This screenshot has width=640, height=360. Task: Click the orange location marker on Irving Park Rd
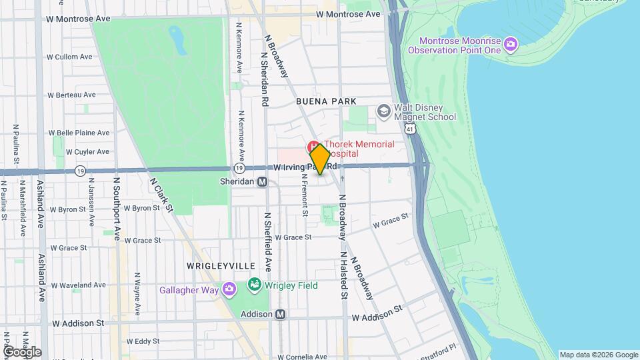(319, 159)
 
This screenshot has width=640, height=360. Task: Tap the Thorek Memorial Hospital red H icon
(312, 145)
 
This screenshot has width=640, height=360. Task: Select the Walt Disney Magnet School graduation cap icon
(383, 110)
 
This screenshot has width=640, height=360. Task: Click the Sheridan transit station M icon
(263, 181)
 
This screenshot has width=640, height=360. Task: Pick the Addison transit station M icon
(281, 314)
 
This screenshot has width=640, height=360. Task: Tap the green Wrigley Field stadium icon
(253, 285)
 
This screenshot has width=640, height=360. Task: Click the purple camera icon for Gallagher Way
(229, 289)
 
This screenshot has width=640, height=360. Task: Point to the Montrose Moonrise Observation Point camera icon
(511, 45)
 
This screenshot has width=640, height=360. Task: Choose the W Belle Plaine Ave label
(83, 133)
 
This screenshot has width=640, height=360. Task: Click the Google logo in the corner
(22, 351)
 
